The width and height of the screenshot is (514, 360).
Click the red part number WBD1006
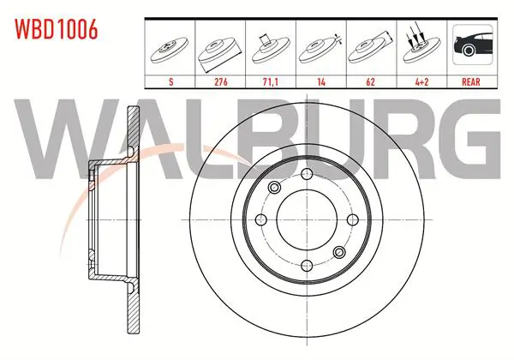click(x=57, y=29)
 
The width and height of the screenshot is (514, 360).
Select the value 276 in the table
click(x=221, y=81)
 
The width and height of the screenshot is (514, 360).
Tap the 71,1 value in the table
click(x=270, y=81)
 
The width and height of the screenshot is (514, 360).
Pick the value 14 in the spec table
click(x=321, y=81)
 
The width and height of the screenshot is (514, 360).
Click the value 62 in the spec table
click(x=370, y=81)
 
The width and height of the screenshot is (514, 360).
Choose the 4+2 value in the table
click(x=421, y=81)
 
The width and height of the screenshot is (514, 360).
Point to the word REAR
click(x=471, y=81)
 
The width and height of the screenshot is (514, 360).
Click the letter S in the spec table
click(x=170, y=81)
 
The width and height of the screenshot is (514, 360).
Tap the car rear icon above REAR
click(x=473, y=45)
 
